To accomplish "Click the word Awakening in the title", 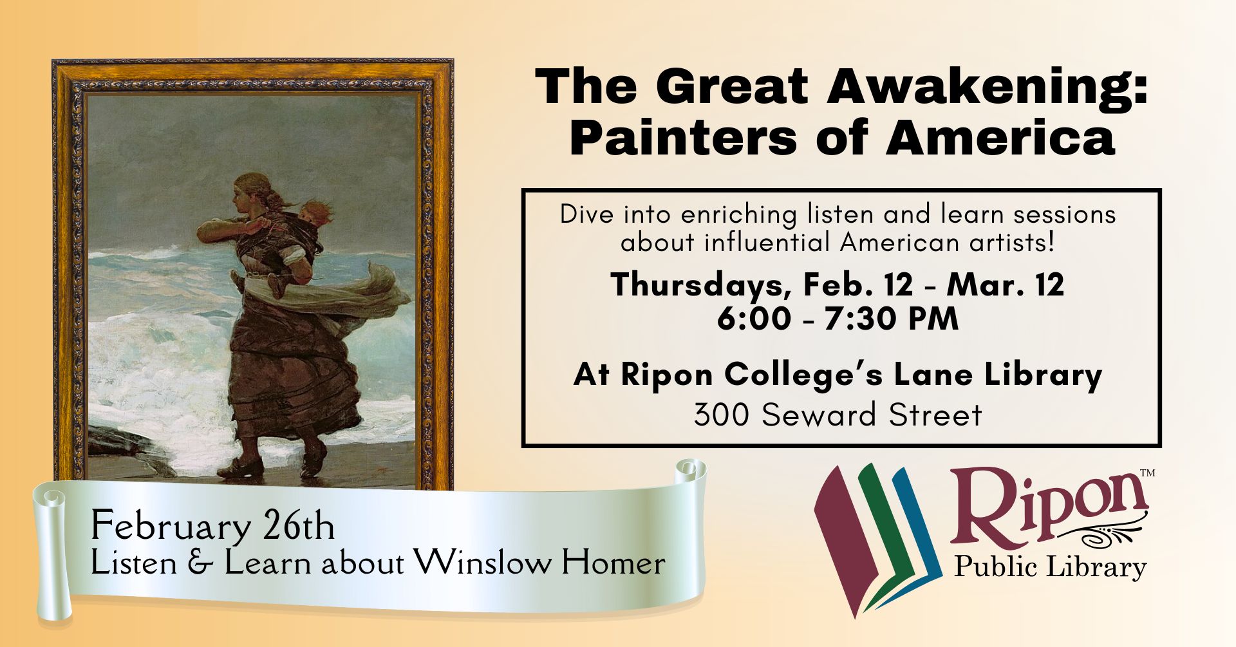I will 988,88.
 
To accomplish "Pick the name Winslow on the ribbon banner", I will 483,563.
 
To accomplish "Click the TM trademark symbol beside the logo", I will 1147,473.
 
